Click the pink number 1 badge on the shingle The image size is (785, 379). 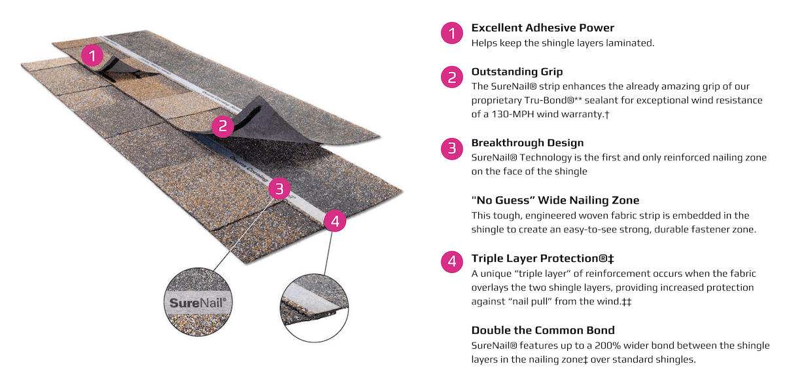92,56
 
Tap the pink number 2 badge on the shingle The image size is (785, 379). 223,126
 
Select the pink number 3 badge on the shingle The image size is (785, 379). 279,189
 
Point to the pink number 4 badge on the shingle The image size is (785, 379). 335,221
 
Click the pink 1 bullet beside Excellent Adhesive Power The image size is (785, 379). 452,33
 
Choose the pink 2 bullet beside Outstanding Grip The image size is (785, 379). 452,77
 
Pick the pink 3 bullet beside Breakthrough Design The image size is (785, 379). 452,149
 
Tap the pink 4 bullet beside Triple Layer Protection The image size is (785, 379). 452,262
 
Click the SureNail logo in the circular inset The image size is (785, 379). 198,302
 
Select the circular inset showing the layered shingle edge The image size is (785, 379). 315,308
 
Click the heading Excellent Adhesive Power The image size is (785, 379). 542,27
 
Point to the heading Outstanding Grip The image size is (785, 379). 517,71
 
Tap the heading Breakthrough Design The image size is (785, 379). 527,143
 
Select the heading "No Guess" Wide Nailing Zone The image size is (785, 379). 555,200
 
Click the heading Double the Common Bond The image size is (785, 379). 543,331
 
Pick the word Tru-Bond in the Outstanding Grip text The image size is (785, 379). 549,100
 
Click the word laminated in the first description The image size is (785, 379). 629,43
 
